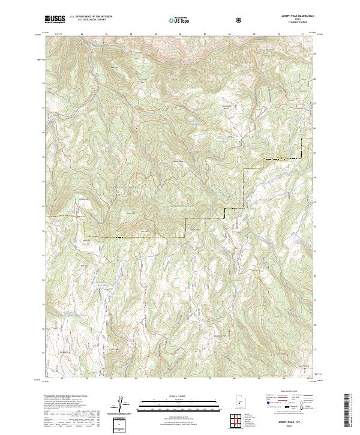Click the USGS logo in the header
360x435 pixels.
[55, 20]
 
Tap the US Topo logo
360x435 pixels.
[179, 20]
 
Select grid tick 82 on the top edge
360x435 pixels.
[82, 34]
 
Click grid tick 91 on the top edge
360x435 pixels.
[302, 34]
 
